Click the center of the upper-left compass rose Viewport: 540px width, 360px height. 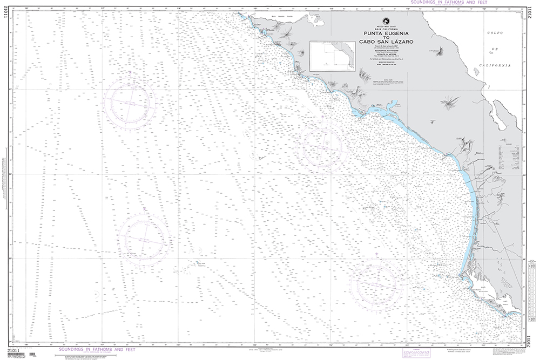tap(131, 100)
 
